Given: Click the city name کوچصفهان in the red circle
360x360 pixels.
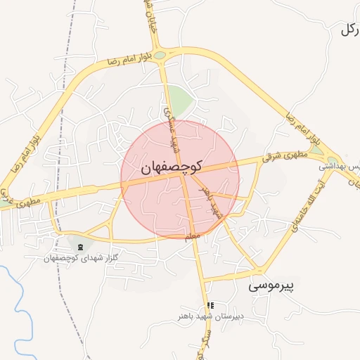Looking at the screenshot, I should point(171,167).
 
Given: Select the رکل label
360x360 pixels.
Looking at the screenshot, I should point(349,30).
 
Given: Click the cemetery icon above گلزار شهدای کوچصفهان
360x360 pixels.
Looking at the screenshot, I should point(79,247).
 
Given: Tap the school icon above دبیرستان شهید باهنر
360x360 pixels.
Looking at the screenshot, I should point(210,305).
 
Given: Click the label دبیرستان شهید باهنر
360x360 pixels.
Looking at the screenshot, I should point(210,316).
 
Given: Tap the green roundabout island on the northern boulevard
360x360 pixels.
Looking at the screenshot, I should point(160,55).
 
